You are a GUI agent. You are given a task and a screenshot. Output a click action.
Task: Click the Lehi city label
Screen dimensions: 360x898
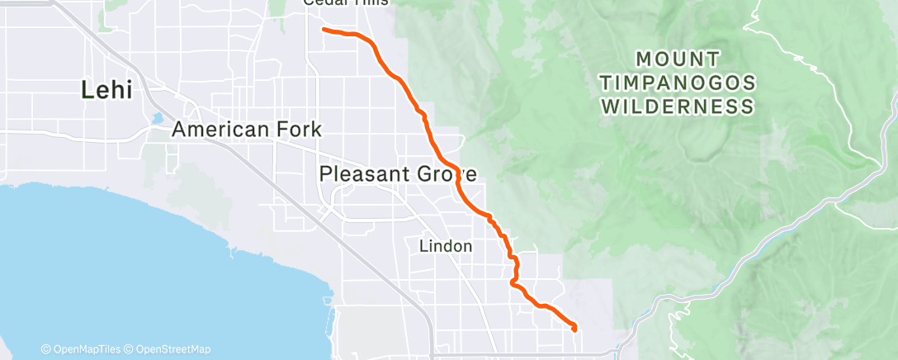pyautogui.click(x=106, y=90)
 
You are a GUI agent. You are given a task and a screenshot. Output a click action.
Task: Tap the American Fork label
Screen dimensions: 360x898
pyautogui.click(x=246, y=130)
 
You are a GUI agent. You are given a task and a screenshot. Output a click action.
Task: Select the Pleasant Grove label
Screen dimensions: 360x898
pyautogui.click(x=397, y=173)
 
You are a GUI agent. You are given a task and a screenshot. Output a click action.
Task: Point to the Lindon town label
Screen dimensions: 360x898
pyautogui.click(x=446, y=246)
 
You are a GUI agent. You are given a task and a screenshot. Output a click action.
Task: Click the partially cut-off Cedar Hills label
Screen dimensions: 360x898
pyautogui.click(x=345, y=2)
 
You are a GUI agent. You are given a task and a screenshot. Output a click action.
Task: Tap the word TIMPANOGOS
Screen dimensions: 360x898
pyautogui.click(x=678, y=83)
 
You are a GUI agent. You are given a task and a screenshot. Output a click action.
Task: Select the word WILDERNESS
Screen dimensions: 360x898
pyautogui.click(x=678, y=107)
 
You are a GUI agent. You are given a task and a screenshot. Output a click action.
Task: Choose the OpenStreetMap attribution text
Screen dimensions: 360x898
pyautogui.click(x=170, y=349)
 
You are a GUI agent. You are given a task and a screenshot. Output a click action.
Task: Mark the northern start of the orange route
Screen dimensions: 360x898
pyautogui.click(x=323, y=30)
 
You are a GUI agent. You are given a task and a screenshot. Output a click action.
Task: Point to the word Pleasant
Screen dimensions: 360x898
pyautogui.click(x=359, y=173)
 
